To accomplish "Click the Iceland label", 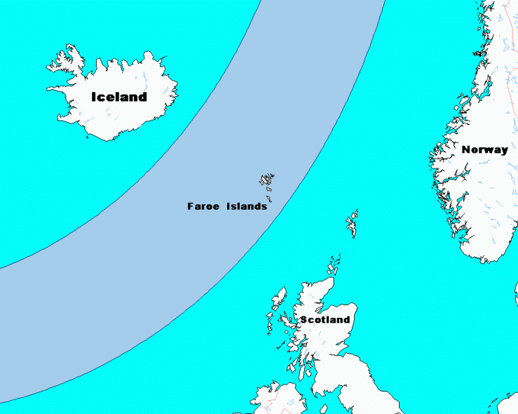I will (119, 97).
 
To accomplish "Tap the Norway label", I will (484, 149).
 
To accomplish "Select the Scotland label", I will (325, 320).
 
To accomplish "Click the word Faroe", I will (203, 206).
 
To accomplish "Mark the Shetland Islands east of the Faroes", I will (352, 223).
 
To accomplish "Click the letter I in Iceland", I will (94, 97).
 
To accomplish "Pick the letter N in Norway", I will (466, 149).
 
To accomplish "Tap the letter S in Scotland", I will (304, 320).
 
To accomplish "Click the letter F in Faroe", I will (190, 206).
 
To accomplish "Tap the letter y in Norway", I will (504, 151).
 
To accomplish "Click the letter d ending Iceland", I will (143, 97).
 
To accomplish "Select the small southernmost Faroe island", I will (269, 199).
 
